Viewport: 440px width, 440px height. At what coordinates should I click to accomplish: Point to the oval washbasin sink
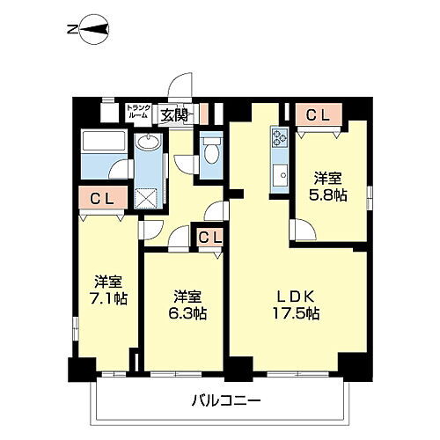[147, 144]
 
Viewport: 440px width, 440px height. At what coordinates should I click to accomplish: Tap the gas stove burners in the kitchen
[281, 137]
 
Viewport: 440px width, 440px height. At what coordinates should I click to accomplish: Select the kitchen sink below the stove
[282, 173]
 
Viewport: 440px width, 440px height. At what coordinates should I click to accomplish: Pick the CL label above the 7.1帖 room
[100, 199]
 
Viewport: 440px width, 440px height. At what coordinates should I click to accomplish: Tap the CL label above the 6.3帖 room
[209, 236]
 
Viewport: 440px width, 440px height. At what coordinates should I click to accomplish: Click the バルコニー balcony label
[226, 400]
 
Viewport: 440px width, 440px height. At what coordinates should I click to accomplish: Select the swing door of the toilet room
[187, 164]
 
